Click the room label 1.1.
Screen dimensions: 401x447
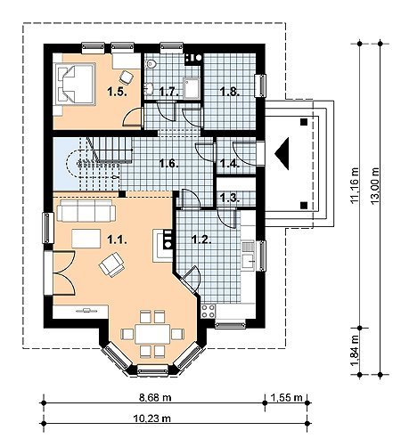pyautogui.click(x=117, y=240)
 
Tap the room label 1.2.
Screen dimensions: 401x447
pyautogui.click(x=201, y=240)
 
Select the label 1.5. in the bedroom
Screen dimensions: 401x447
pyautogui.click(x=118, y=92)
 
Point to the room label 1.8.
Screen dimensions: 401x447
pyautogui.click(x=230, y=92)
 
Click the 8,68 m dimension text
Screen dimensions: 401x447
pyautogui.click(x=155, y=397)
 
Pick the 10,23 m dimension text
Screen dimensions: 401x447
pyautogui.click(x=152, y=419)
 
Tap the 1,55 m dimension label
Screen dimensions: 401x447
pyautogui.click(x=286, y=397)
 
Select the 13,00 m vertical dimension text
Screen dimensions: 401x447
pyautogui.click(x=375, y=186)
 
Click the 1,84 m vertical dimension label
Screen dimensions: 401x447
pyautogui.click(x=355, y=351)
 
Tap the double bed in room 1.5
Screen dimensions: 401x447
pyautogui.click(x=75, y=84)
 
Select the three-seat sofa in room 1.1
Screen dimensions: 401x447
pyautogui.click(x=86, y=210)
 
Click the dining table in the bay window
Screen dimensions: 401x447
pyautogui.click(x=152, y=334)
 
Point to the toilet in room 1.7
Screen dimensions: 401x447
pyautogui.click(x=151, y=63)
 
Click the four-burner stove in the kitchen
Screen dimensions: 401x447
pyautogui.click(x=209, y=311)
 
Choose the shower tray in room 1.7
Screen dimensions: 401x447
pyautogui.click(x=192, y=88)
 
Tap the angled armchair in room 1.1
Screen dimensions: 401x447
pyautogui.click(x=111, y=264)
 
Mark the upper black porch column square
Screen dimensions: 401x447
pyautogui.click(x=304, y=122)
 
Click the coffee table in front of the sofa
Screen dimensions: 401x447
pyautogui.click(x=86, y=239)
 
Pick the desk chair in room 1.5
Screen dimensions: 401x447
pyautogui.click(x=127, y=77)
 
